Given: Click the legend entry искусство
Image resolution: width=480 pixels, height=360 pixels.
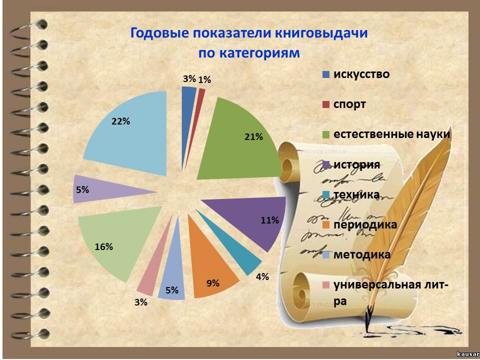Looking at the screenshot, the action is [x=355, y=74].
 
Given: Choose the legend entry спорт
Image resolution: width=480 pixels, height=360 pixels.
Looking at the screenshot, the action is [x=344, y=104].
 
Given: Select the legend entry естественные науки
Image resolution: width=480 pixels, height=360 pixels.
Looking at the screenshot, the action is [x=386, y=134].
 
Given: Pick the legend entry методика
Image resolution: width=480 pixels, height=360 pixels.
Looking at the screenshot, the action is [x=356, y=254].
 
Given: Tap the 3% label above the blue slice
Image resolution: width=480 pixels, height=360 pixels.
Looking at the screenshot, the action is [x=189, y=78].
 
